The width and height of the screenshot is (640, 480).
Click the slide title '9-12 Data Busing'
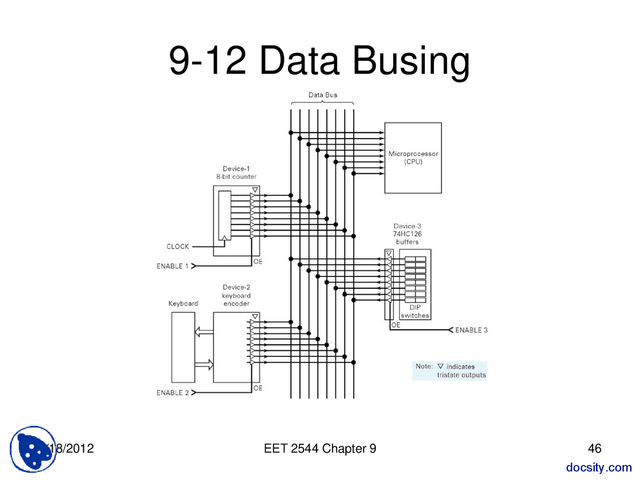point(319,60)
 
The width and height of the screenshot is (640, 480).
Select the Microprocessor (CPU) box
point(412,157)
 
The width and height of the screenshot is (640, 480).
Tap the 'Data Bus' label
point(322,95)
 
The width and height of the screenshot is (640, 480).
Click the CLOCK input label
point(177,246)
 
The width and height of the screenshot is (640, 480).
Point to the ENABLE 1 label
point(172,266)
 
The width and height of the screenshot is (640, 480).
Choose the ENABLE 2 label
point(172,392)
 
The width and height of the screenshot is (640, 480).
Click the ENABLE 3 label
point(471,330)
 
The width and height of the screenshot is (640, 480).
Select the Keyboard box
point(183,347)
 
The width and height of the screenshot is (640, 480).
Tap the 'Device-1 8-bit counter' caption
point(236,172)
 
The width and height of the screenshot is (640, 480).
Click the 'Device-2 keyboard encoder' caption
point(236,295)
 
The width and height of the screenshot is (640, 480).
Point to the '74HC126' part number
point(407,234)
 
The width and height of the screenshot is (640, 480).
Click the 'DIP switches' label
point(414,311)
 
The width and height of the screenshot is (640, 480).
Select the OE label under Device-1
point(257,261)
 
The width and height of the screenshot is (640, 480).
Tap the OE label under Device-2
point(257,388)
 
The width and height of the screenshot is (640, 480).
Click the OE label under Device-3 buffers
point(395,325)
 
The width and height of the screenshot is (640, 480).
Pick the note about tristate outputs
point(449,370)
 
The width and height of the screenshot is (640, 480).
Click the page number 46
point(594,448)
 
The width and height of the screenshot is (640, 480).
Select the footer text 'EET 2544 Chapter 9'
point(319,448)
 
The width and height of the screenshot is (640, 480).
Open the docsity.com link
point(598,467)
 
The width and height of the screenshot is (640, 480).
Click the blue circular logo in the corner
point(33,449)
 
